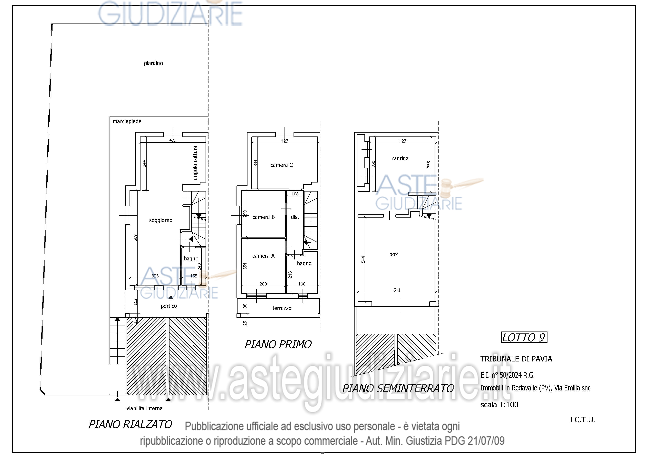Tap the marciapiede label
[127, 121]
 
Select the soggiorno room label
[161, 220]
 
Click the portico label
[169, 306]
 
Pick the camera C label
[282, 165]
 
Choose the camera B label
[264, 217]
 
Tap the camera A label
[263, 256]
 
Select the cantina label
[400, 158]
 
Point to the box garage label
[394, 254]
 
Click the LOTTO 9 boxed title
[524, 337]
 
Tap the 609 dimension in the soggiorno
[135, 238]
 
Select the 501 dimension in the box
[397, 290]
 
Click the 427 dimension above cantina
[403, 141]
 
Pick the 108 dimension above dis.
[295, 194]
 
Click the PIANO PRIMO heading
[278, 344]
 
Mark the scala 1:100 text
[499, 405]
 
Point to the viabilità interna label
[144, 408]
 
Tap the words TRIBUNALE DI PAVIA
[516, 359]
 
